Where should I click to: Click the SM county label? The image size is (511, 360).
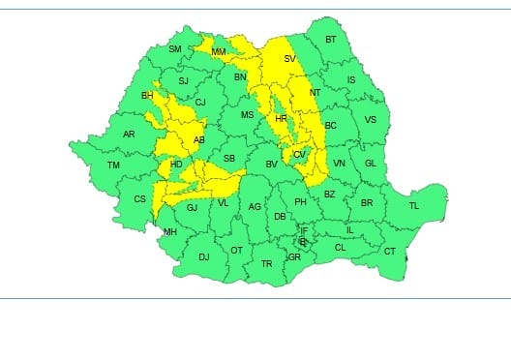(x=175, y=49)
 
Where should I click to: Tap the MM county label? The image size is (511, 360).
(x=219, y=51)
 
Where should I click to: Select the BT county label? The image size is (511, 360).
(x=331, y=40)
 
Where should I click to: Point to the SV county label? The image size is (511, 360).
(x=288, y=59)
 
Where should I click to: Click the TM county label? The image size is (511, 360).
(x=113, y=165)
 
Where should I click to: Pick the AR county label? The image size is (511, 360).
(x=129, y=135)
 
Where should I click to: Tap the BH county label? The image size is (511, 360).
(x=147, y=96)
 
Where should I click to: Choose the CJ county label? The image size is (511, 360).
(x=201, y=103)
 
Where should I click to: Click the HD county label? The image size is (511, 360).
(x=176, y=165)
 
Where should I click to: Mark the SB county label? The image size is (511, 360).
(x=229, y=159)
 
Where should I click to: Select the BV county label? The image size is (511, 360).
(x=272, y=165)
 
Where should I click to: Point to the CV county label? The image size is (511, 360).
(x=299, y=155)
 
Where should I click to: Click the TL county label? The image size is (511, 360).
(x=413, y=206)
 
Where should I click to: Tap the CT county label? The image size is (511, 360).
(x=390, y=252)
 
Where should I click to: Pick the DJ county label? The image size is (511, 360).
(x=203, y=256)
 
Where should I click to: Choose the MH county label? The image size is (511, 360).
(x=169, y=232)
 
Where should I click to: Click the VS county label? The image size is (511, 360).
(x=370, y=120)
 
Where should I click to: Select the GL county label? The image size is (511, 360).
(x=369, y=165)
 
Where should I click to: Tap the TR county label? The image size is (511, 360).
(x=266, y=263)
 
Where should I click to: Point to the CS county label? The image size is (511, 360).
(x=139, y=199)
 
